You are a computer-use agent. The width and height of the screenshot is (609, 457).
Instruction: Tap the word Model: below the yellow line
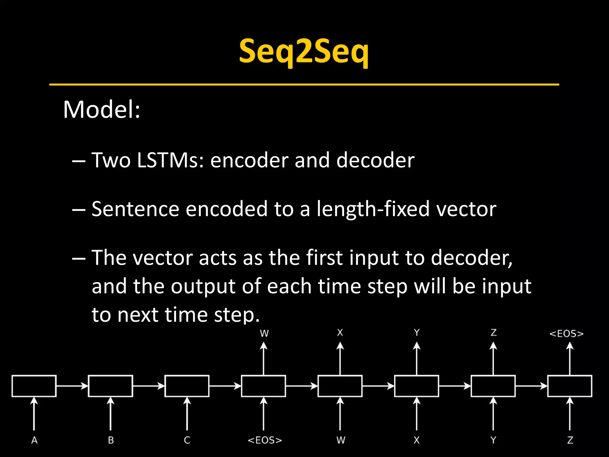[101, 109]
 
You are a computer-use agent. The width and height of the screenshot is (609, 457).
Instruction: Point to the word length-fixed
[373, 209]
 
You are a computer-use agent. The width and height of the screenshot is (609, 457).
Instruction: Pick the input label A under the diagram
[34, 440]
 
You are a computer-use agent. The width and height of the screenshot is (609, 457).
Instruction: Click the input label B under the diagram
[111, 440]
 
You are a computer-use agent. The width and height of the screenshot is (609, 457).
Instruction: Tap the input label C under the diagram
[187, 440]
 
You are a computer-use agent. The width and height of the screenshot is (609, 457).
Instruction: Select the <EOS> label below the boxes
[264, 440]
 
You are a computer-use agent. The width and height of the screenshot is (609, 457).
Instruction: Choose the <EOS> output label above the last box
[566, 334]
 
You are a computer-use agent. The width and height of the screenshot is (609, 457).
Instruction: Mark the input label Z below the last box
[570, 440]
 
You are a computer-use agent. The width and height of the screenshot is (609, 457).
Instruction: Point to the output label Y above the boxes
[417, 333]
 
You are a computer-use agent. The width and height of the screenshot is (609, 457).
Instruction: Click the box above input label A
[34, 386]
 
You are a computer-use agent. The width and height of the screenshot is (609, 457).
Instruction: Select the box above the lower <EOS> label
[263, 386]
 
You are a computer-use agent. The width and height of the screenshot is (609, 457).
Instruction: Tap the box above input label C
[187, 386]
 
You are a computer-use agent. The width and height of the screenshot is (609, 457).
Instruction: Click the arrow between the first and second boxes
[72, 386]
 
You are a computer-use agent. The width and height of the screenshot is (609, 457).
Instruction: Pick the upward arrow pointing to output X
[340, 359]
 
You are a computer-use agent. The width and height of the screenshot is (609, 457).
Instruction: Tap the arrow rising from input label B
[111, 414]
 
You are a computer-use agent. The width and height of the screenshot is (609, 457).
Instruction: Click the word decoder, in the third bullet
[471, 258]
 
